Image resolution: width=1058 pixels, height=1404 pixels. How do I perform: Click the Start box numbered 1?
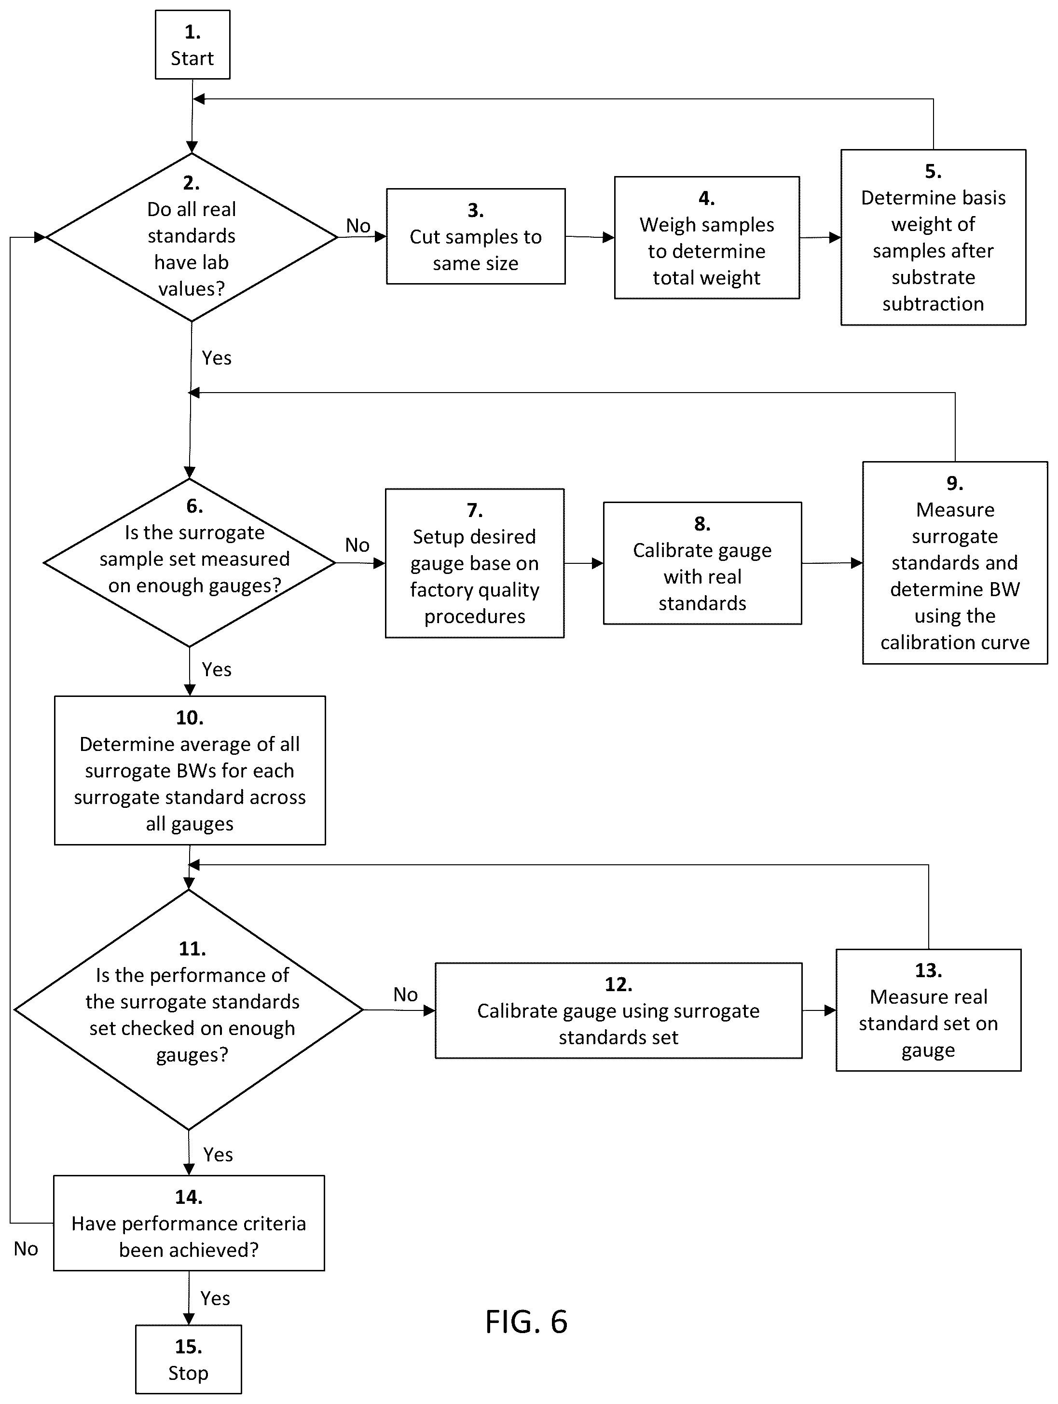click(x=192, y=44)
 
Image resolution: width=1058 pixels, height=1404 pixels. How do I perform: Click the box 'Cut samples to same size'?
click(x=476, y=236)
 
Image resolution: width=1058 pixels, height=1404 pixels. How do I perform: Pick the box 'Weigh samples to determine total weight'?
click(x=707, y=237)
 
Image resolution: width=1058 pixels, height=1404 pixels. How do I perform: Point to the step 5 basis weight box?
click(x=933, y=237)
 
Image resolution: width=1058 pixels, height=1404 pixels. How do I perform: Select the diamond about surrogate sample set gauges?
click(x=189, y=563)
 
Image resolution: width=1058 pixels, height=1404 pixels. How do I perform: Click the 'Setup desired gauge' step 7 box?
click(x=474, y=563)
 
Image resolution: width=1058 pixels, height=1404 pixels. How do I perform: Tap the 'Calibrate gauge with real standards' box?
click(x=702, y=563)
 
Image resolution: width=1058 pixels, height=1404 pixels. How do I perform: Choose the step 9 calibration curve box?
click(x=954, y=562)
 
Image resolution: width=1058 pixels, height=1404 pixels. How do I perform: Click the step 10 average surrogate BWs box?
click(x=190, y=771)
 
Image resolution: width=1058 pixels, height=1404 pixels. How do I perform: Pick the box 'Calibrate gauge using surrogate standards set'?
click(x=618, y=1010)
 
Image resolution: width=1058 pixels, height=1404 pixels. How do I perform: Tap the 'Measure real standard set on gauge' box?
click(x=928, y=1010)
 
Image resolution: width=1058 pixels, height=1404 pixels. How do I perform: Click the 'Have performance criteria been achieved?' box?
click(x=189, y=1223)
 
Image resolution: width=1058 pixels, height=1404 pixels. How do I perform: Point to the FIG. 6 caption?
click(x=526, y=1322)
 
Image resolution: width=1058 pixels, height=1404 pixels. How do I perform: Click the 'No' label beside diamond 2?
click(x=358, y=225)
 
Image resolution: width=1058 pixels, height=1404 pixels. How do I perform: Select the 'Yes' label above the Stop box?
click(x=215, y=1298)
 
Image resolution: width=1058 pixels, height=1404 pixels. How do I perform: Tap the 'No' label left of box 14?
click(x=26, y=1249)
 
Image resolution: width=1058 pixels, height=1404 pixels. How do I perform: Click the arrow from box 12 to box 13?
click(x=819, y=1010)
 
